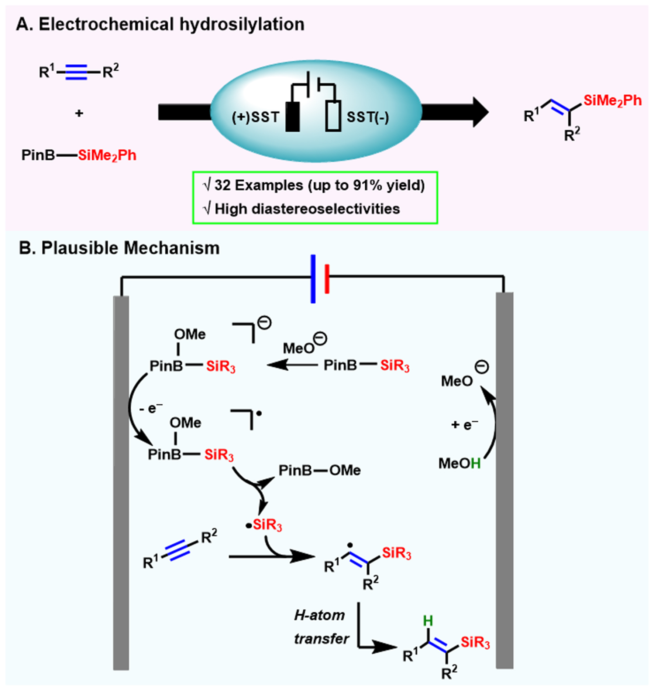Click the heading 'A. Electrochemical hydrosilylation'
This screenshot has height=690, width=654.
[161, 24]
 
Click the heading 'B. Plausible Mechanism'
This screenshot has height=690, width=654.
[119, 248]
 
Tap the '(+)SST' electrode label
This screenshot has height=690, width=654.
[255, 118]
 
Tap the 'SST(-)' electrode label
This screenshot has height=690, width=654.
[368, 118]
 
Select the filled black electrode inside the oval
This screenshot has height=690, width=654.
[292, 116]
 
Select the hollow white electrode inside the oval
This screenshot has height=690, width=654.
[333, 116]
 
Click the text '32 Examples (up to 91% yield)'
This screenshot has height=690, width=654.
[319, 185]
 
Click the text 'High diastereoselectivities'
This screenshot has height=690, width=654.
[307, 209]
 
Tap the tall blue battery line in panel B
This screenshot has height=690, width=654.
[313, 279]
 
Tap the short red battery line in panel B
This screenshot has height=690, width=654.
[327, 279]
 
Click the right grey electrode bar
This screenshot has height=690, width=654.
[505, 480]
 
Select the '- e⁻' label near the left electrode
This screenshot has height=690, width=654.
[151, 408]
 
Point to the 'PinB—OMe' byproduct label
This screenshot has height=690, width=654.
[320, 470]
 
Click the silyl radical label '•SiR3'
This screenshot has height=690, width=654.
[264, 525]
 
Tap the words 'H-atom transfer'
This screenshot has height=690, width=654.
[321, 627]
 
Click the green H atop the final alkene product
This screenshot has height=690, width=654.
[428, 621]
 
